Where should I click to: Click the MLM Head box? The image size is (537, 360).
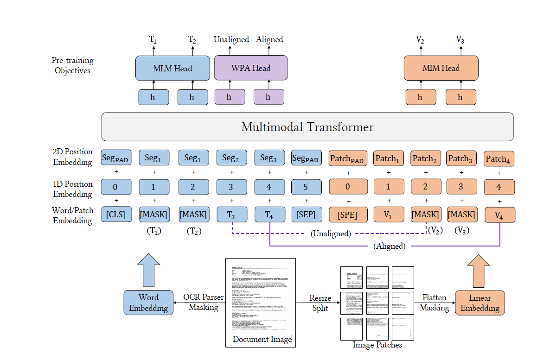[173, 69]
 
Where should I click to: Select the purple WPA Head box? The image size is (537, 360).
[250, 69]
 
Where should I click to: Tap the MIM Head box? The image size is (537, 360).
[441, 69]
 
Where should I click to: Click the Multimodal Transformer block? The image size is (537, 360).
[307, 126]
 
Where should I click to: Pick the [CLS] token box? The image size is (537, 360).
[116, 215]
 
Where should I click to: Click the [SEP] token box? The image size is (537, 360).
[306, 215]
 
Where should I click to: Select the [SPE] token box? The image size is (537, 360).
[344, 215]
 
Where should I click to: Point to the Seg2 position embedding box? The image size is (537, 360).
[231, 158]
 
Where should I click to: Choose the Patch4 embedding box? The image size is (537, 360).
[499, 159]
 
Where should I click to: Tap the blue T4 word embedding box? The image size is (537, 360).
[269, 215]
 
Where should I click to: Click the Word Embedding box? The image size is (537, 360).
[148, 303]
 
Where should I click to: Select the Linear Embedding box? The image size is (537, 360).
[479, 303]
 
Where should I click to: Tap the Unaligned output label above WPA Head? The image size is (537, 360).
[231, 39]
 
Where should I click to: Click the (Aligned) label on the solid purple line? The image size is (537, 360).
[390, 246]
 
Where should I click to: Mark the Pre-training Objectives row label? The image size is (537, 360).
[73, 65]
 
